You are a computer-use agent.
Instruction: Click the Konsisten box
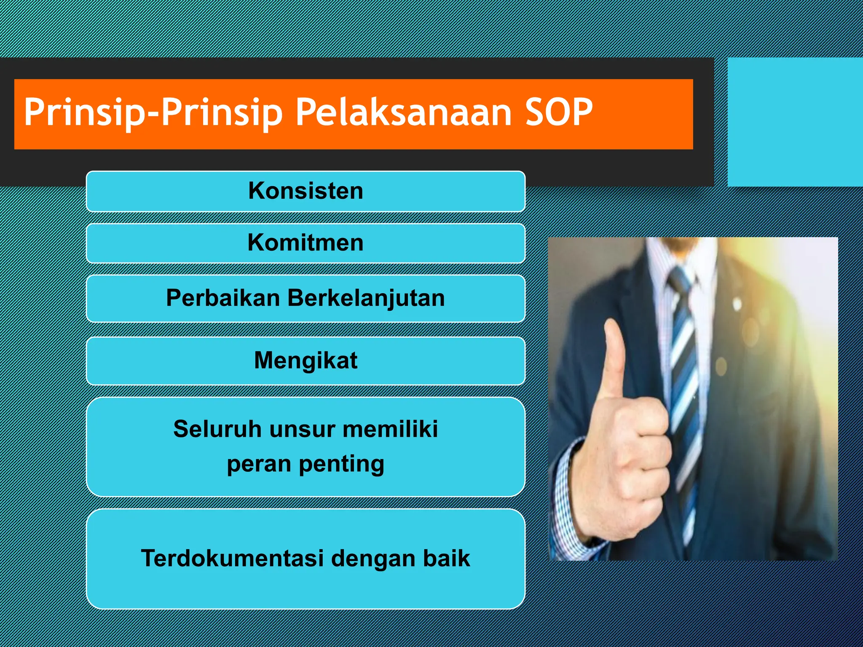tap(306, 191)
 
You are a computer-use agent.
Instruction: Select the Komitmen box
tap(306, 243)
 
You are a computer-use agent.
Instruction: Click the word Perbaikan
tap(223, 298)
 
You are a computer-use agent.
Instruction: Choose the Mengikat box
tap(306, 361)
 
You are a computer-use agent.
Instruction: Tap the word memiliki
tap(390, 429)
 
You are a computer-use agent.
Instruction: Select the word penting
tap(341, 464)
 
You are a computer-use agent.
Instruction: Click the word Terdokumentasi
tap(233, 558)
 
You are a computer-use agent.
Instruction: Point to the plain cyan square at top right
tap(795, 122)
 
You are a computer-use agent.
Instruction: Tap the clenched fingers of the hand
tap(645, 463)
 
